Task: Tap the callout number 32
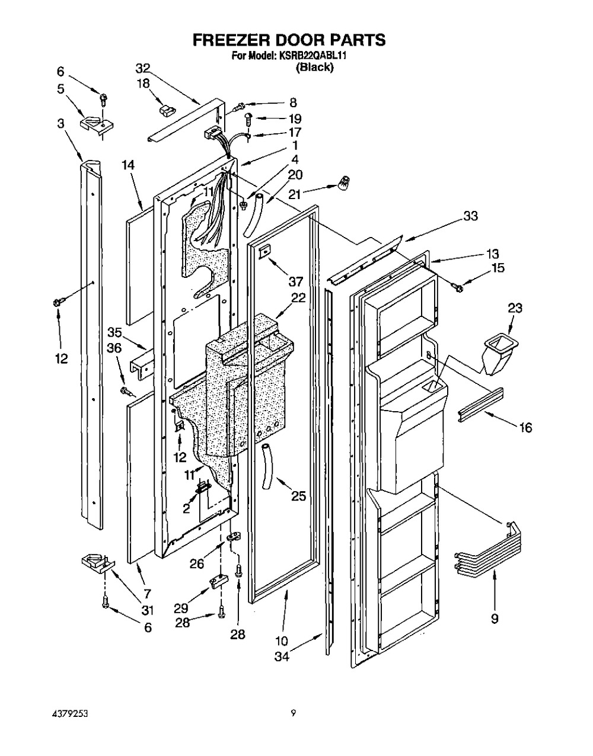pyautogui.click(x=142, y=69)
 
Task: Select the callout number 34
pyautogui.click(x=282, y=657)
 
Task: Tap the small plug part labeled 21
pyautogui.click(x=345, y=182)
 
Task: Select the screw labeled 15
pyautogui.click(x=457, y=287)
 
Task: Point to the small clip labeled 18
pyautogui.click(x=167, y=111)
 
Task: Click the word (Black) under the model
pyautogui.click(x=314, y=67)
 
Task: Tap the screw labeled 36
pyautogui.click(x=127, y=392)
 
